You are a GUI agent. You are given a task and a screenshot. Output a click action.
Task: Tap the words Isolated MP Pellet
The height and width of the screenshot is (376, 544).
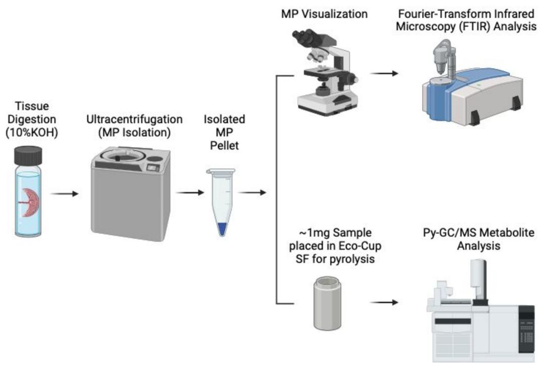coord(224,133)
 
